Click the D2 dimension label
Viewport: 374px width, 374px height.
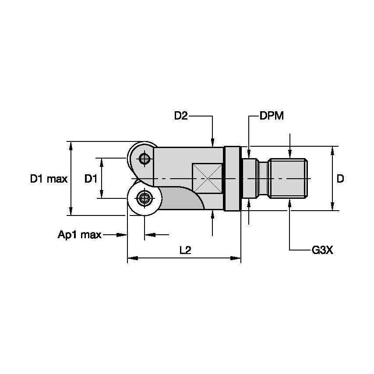(181, 116)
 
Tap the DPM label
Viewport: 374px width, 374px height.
(272, 116)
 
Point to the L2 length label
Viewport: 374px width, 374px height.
(185, 250)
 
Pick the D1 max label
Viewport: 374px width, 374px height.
(49, 179)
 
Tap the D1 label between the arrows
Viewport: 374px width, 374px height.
(91, 179)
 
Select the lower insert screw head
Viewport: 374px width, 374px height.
(143, 199)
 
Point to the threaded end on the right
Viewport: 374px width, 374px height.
(289, 179)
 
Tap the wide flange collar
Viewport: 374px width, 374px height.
(232, 179)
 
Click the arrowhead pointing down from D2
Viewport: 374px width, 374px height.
(212, 143)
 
